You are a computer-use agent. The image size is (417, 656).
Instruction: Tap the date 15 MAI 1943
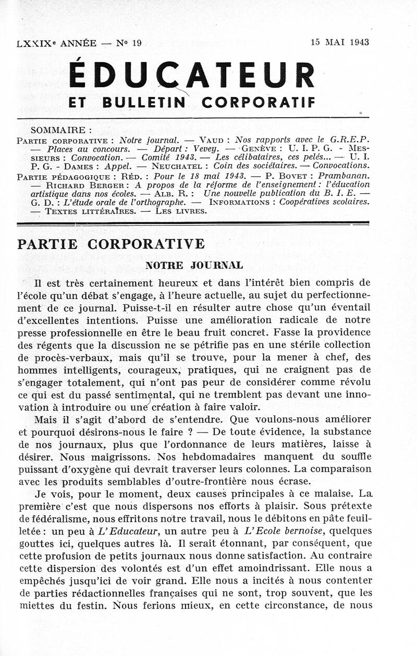pos(340,43)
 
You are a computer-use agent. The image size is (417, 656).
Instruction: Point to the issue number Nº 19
pos(130,43)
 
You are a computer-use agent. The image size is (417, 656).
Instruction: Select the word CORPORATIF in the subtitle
pos(258,103)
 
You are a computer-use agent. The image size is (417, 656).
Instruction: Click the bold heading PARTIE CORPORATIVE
pos(111,244)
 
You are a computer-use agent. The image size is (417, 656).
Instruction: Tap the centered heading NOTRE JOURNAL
pos(194,265)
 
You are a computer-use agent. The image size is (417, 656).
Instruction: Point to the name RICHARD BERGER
pos(78,184)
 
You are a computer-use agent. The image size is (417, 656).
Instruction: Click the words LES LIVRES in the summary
pos(186,211)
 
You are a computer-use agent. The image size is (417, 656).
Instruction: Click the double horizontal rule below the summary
pos(193,224)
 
